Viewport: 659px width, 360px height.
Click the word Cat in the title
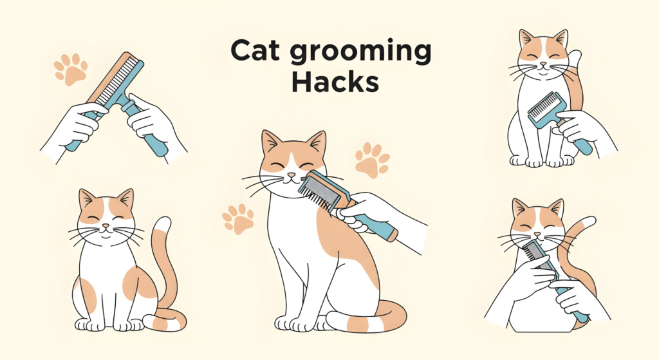(255, 50)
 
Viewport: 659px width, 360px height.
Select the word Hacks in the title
(335, 82)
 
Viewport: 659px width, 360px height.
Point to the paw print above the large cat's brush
(372, 160)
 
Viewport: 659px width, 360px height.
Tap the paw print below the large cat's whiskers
(238, 219)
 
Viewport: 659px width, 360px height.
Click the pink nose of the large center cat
(291, 175)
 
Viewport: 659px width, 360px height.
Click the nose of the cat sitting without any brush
(106, 226)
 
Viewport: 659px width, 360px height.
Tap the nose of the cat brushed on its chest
(543, 65)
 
